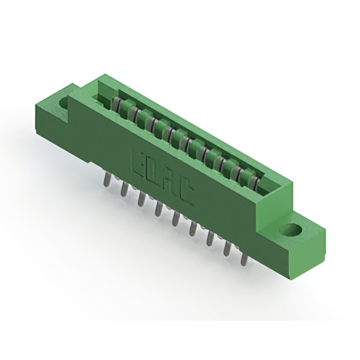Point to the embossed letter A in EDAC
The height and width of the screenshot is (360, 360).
pyautogui.click(x=169, y=183)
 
